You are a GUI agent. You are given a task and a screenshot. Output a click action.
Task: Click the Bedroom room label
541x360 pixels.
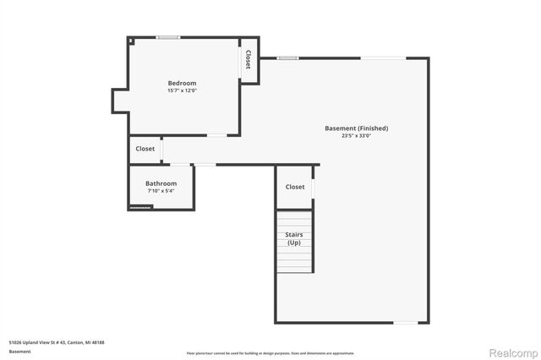(x=182, y=83)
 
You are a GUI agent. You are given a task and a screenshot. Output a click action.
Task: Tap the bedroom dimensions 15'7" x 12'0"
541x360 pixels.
(x=182, y=90)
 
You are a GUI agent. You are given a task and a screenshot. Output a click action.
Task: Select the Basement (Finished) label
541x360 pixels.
(x=356, y=128)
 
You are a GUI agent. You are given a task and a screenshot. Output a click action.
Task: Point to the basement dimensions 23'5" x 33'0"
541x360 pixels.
(x=356, y=136)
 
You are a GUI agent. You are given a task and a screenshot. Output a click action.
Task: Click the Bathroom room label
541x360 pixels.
(x=161, y=183)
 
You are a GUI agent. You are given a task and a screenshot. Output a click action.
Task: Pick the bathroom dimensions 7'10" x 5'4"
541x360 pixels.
(x=161, y=191)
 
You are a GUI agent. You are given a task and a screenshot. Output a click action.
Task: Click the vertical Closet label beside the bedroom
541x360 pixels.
(x=249, y=59)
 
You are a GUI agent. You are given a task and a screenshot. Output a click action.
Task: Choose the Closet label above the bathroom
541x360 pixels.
(x=145, y=149)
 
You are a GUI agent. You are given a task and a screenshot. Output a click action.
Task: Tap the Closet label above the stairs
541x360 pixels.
(x=295, y=187)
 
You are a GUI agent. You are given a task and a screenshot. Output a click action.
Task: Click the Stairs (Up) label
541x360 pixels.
(x=294, y=239)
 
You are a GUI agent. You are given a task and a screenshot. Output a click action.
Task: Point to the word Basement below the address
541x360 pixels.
(x=20, y=351)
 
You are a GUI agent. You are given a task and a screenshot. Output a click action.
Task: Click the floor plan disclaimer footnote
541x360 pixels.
(x=270, y=353)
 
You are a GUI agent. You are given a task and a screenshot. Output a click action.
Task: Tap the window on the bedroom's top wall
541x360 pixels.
(x=167, y=37)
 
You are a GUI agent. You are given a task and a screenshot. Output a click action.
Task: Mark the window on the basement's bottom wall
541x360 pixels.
(x=407, y=323)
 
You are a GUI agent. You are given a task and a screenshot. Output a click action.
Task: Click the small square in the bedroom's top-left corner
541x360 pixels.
(x=131, y=41)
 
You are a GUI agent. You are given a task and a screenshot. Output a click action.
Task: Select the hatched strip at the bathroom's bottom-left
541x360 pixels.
(x=139, y=206)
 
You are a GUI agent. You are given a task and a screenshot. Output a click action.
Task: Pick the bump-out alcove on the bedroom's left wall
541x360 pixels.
(x=119, y=101)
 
